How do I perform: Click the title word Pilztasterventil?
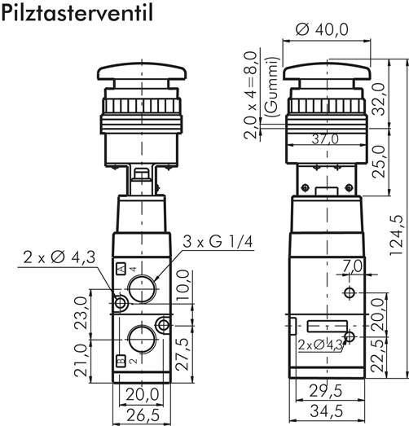click(x=77, y=14)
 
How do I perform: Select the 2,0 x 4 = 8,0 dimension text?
click(x=257, y=95)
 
